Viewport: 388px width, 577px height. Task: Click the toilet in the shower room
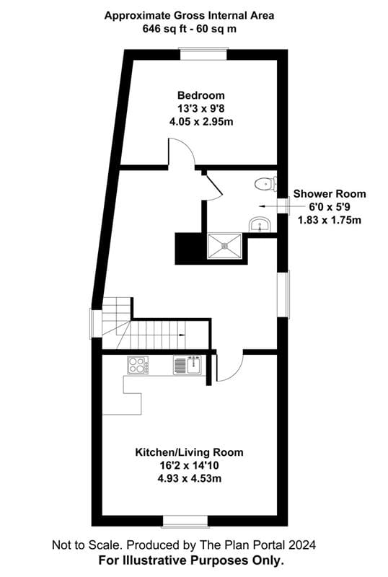tap(265, 184)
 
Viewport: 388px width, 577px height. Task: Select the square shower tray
tap(226, 246)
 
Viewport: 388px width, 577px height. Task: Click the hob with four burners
tap(138, 366)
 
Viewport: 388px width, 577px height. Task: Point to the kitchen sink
tap(189, 366)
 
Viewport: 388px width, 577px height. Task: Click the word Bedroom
tap(201, 95)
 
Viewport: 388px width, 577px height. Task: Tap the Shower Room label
tap(329, 194)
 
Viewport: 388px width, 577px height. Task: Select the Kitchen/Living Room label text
tap(189, 452)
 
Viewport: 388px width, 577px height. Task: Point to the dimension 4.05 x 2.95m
tap(201, 121)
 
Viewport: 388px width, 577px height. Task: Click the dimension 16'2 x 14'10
tap(189, 465)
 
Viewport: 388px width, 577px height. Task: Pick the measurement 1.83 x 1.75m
tap(329, 220)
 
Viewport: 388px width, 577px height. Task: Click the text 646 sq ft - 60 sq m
tap(189, 28)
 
